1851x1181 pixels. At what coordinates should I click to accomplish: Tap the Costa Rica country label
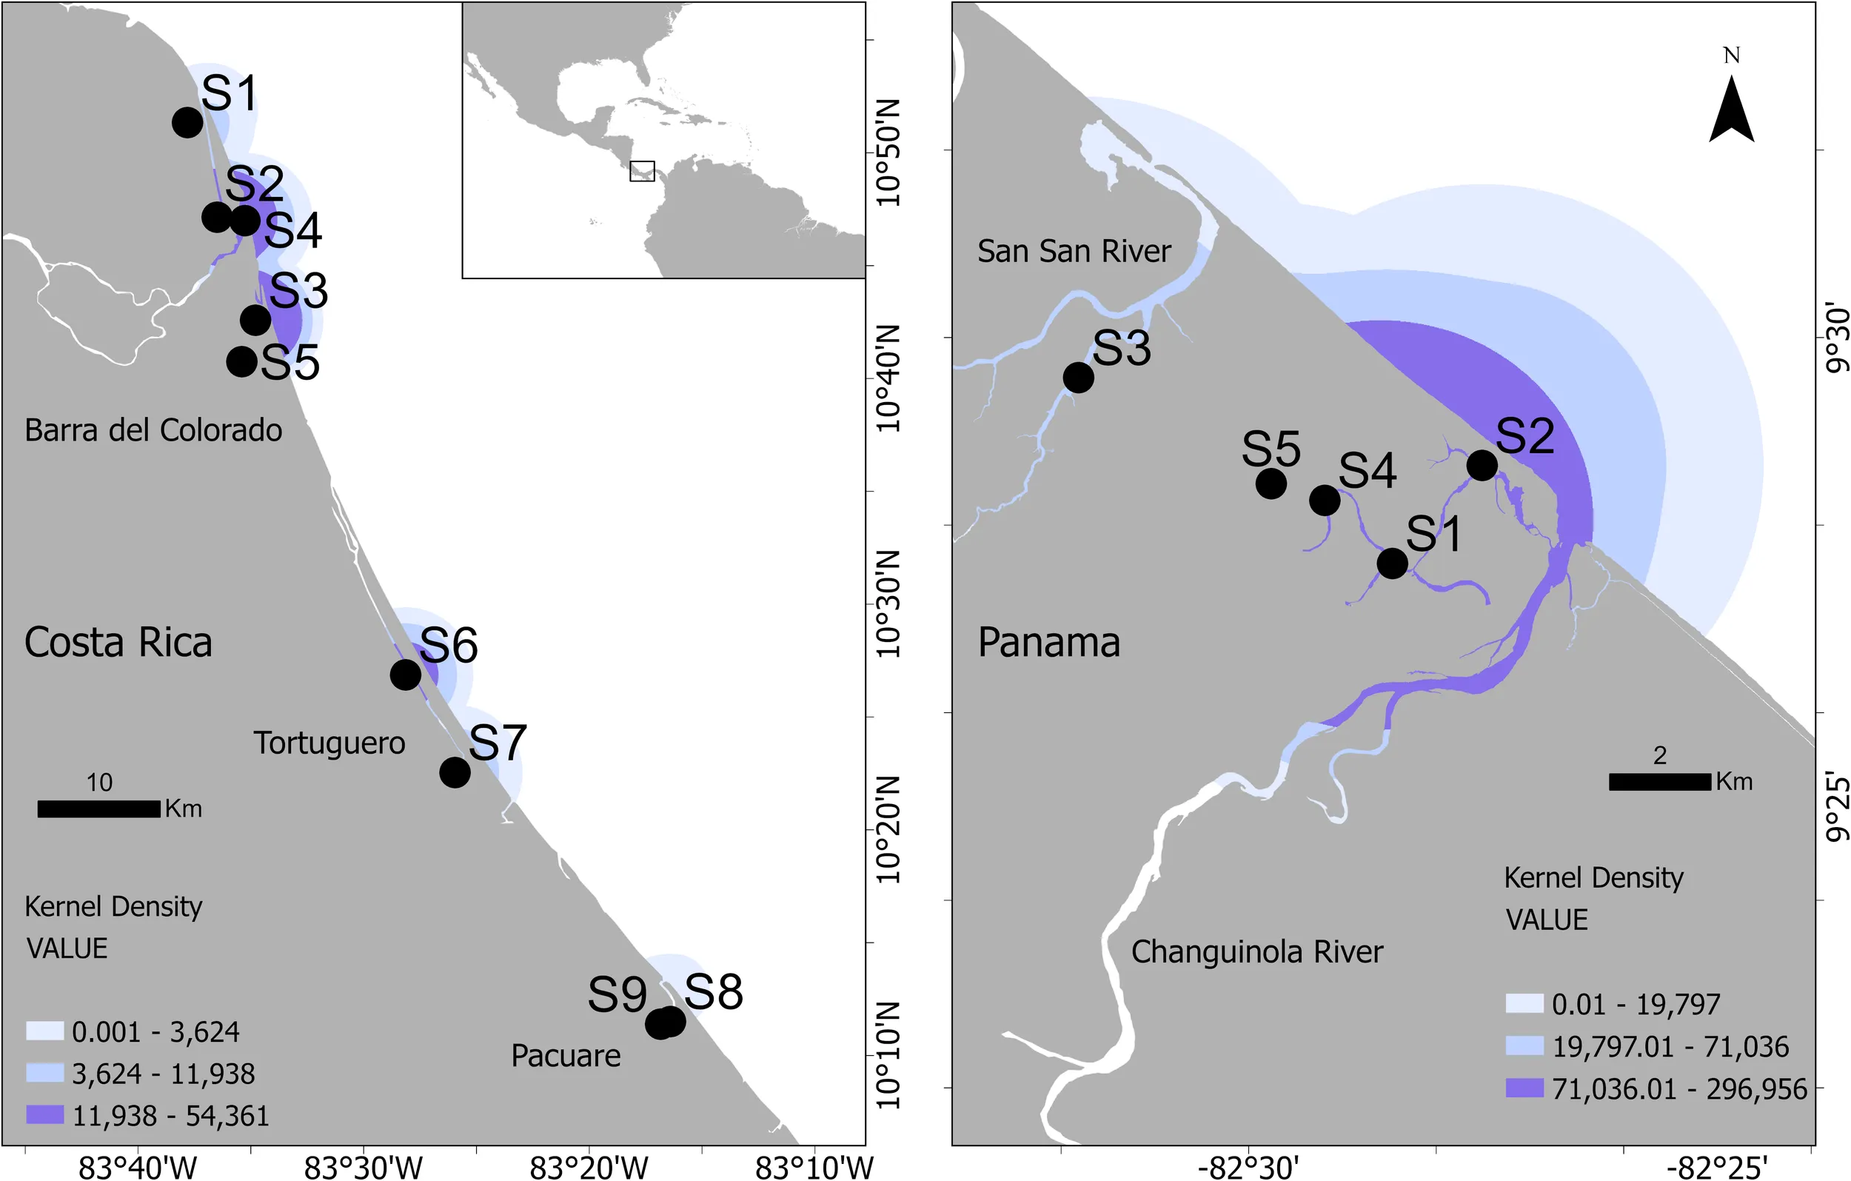[x=118, y=643]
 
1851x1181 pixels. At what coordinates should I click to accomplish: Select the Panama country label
[x=1048, y=643]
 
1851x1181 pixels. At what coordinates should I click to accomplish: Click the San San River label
[x=1074, y=252]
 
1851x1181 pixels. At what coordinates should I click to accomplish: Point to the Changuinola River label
[x=1256, y=952]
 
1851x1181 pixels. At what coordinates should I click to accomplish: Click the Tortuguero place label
[x=329, y=743]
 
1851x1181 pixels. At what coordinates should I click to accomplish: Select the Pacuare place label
[x=565, y=1057]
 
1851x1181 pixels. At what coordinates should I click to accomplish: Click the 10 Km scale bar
[x=98, y=809]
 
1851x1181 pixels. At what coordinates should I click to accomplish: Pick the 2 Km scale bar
[x=1659, y=782]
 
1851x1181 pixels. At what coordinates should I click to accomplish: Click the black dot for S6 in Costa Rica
[x=405, y=675]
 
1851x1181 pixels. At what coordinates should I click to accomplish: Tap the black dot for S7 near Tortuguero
[x=455, y=772]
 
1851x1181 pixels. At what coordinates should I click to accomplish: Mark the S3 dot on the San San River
[x=1079, y=378]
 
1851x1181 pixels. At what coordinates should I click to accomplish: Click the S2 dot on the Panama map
[x=1482, y=465]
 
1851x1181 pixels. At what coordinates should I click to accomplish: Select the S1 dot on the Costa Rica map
[x=187, y=122]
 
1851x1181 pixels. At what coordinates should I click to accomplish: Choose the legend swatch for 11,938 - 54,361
[x=44, y=1115]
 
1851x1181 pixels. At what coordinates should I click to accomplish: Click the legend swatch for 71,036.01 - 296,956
[x=1524, y=1088]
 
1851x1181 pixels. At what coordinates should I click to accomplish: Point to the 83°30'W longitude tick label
[x=363, y=1168]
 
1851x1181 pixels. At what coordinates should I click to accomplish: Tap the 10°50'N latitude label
[x=887, y=152]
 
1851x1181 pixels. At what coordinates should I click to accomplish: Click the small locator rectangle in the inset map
[x=642, y=172]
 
